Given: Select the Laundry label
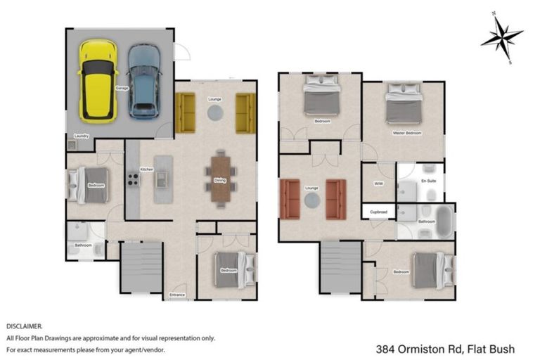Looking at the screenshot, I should pos(81,136).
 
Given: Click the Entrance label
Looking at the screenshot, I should pos(177,295).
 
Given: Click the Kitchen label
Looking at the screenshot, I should pos(147,169).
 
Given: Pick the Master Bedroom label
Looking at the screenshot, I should pos(407,133).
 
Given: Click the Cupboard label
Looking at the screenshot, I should pos(378,211).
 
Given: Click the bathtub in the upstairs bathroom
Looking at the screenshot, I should pos(443,221).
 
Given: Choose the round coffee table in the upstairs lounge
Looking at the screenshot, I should pos(312,200).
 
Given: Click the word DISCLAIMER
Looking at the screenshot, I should pos(25,326).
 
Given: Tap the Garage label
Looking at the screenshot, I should pos(121,89).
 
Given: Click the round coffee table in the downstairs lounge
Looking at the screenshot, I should pos(214,112).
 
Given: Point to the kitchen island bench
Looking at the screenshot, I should pos(163,179).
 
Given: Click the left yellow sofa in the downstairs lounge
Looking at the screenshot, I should pos(185,112).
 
